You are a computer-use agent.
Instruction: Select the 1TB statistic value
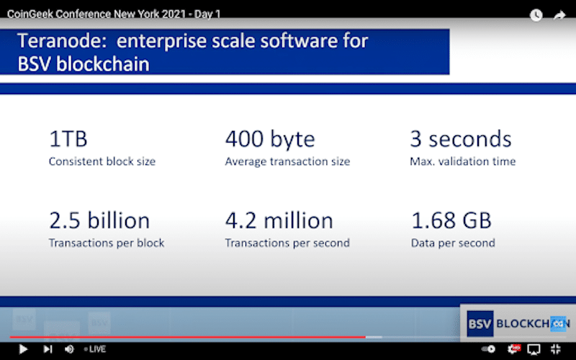[68, 139]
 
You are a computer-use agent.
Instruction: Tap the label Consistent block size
[102, 161]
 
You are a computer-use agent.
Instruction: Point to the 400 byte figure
[270, 140]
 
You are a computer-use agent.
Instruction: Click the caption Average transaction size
[287, 161]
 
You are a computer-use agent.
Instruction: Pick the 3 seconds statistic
[461, 139]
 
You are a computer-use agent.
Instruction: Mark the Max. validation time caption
[463, 161]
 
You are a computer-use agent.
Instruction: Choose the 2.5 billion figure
[99, 220]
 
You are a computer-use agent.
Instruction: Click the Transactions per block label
[107, 243]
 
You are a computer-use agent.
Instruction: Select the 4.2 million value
[279, 220]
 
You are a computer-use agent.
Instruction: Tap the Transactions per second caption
[287, 243]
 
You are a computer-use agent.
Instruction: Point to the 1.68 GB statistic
[451, 220]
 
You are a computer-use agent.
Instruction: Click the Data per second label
[453, 243]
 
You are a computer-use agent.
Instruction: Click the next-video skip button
[48, 349]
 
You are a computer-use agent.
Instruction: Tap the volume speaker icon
[69, 349]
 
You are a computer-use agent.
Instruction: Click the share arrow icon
[559, 15]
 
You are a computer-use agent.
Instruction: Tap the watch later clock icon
[536, 15]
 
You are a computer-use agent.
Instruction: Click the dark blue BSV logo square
[480, 323]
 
